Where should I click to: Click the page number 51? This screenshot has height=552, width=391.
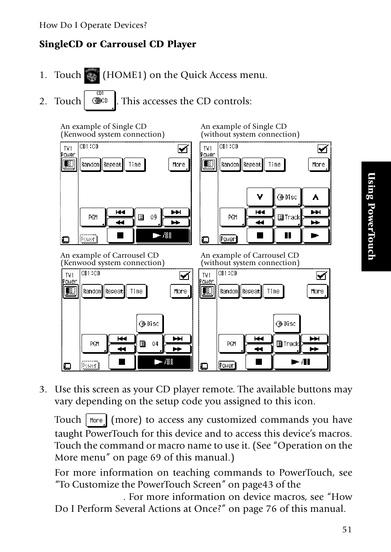(x=347, y=529)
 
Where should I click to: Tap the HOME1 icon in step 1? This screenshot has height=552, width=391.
(x=92, y=76)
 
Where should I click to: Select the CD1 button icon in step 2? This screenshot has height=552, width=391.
(x=100, y=101)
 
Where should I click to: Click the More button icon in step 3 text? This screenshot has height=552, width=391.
(x=96, y=420)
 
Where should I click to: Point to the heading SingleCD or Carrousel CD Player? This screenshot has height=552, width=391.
(x=118, y=44)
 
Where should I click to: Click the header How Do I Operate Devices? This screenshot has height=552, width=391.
(x=93, y=25)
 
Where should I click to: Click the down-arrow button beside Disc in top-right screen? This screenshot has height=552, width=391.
(x=260, y=197)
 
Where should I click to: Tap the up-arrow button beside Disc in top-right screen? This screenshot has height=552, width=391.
(x=316, y=197)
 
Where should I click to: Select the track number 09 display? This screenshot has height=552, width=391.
(x=148, y=217)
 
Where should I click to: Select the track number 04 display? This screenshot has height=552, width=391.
(x=150, y=344)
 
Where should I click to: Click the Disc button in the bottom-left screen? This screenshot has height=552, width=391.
(x=150, y=324)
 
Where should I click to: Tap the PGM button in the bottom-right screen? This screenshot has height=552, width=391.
(x=232, y=344)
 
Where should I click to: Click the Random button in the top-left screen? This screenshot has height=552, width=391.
(x=90, y=165)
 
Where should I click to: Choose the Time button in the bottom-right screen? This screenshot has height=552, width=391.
(x=273, y=291)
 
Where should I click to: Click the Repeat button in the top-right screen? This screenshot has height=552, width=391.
(x=252, y=165)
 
